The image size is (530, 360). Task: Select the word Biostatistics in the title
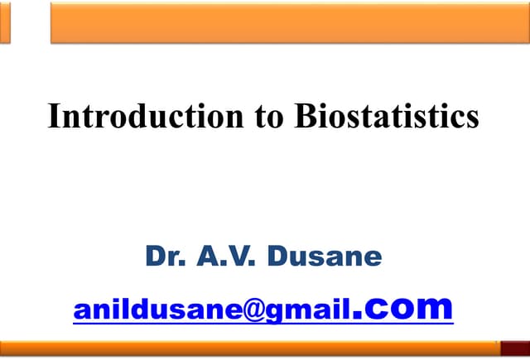click(387, 116)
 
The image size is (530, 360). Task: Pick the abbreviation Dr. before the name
click(165, 257)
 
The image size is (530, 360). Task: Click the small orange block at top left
click(5, 21)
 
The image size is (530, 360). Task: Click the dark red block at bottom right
click(513, 348)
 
